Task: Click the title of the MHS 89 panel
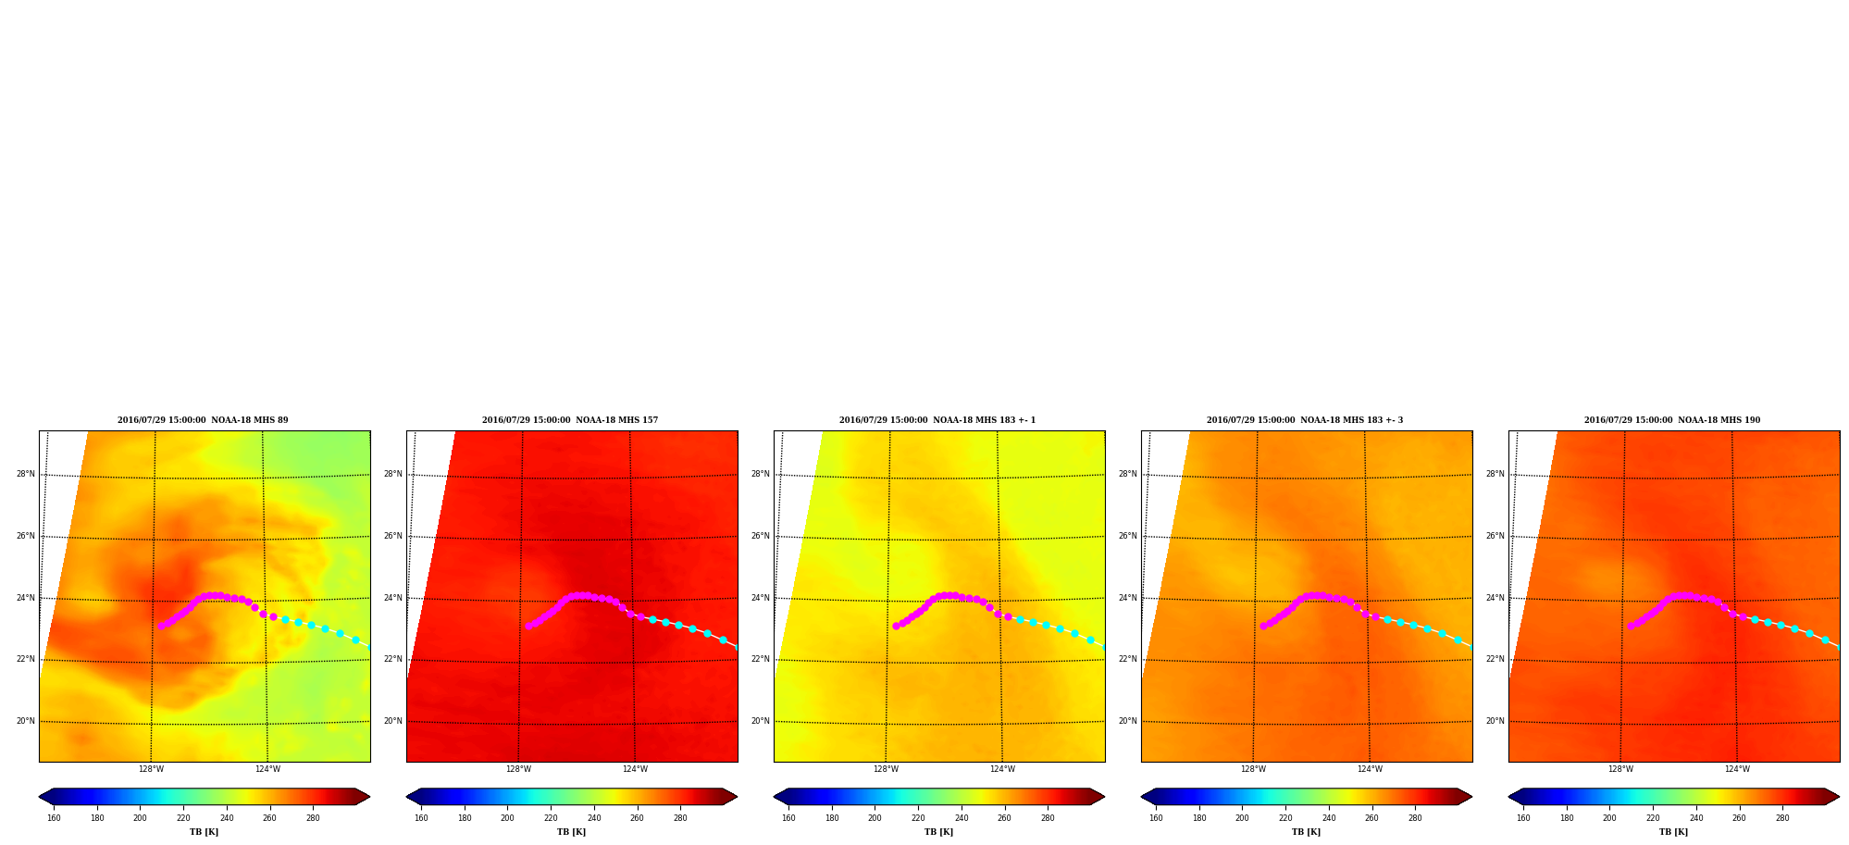[x=203, y=420]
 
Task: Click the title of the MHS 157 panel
[x=570, y=420]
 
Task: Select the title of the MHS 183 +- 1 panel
[x=937, y=420]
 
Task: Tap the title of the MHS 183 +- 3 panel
[x=1305, y=420]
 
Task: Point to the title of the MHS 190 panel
[x=1672, y=420]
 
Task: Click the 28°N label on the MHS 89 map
[x=25, y=474]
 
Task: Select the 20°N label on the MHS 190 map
[x=1495, y=721]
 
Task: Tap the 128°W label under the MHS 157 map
[x=518, y=769]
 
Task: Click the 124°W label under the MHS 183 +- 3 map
[x=1370, y=769]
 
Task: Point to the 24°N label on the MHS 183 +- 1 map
[x=760, y=598]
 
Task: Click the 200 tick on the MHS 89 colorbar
[x=140, y=818]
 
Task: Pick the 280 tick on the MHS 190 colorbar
[x=1782, y=818]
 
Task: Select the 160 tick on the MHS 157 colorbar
[x=421, y=818]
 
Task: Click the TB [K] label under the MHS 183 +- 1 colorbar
[x=938, y=832]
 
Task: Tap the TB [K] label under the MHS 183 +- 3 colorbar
[x=1306, y=832]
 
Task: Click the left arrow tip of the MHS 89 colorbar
[x=39, y=796]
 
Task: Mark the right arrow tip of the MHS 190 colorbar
[x=1839, y=796]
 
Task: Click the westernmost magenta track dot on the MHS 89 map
[x=161, y=626]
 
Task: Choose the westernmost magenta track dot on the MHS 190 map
[x=1631, y=626]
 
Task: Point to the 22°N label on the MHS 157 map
[x=392, y=659]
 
